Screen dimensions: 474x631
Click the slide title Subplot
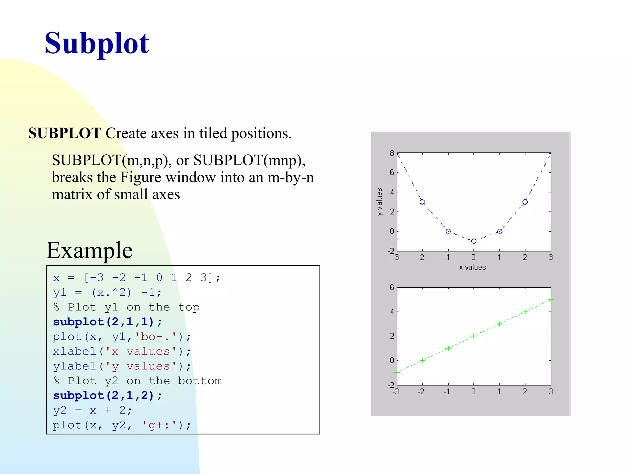[97, 44]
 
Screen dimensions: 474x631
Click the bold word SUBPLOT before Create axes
[65, 133]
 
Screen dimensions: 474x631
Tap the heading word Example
[89, 250]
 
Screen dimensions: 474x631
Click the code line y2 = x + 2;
[92, 410]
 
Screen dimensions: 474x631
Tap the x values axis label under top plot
[472, 268]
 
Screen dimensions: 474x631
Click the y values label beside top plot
[380, 202]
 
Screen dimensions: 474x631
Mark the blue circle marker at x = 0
[474, 241]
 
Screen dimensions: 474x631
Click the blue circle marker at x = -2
[422, 202]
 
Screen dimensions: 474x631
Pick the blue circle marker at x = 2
[525, 202]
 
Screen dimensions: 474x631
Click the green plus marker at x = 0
[474, 336]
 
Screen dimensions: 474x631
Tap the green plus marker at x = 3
[551, 300]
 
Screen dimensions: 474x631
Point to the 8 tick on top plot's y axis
[392, 153]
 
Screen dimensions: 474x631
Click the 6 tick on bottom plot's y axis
[392, 288]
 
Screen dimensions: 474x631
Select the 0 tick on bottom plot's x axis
[474, 392]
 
